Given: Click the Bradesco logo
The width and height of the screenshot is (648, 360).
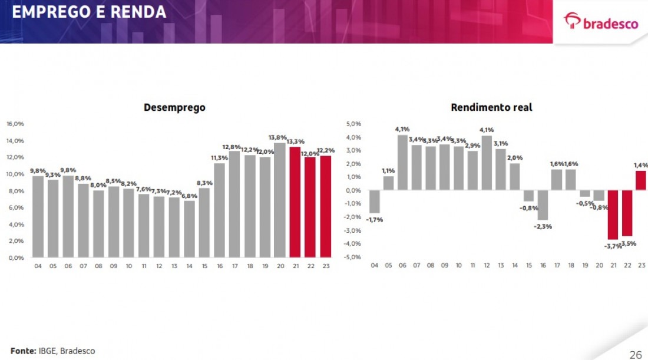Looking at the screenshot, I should pos(601,22).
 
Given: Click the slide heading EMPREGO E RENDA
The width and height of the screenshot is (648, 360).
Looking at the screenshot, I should pos(89,12).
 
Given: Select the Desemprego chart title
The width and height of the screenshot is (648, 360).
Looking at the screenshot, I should pos(174,107).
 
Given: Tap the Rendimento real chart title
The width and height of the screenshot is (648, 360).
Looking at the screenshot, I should pos(491,107).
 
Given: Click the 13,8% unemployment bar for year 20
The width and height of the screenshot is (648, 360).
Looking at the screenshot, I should pos(280,200).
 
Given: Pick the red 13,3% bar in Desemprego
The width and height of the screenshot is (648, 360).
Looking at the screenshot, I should pos(295,202).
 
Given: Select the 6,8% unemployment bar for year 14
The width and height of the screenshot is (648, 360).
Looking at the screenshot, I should pos(189,229).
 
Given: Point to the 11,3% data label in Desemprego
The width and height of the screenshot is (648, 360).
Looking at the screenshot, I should pos(219,158).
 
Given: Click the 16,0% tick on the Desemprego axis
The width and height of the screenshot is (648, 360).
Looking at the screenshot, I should pos(15,124).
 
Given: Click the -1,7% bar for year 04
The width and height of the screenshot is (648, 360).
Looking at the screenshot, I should pos(374,202).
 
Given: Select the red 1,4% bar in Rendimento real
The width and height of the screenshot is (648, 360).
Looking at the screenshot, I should pos(641,181).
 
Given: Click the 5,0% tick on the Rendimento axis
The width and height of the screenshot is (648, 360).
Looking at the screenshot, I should pos(353,124).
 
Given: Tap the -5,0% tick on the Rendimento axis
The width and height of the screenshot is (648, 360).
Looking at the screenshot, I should pos(352,257).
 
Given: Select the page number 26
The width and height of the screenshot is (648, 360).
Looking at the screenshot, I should pos(636,354).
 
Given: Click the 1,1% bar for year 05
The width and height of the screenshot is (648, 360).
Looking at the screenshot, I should pos(388,183).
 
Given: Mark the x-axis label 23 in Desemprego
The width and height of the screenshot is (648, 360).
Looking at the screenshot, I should pos(326,266).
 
